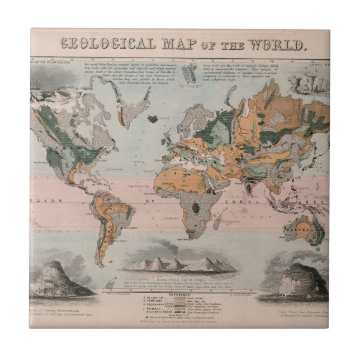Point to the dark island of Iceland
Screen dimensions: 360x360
[x=152, y=118]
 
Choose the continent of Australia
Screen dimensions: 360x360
[x=305, y=230]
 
